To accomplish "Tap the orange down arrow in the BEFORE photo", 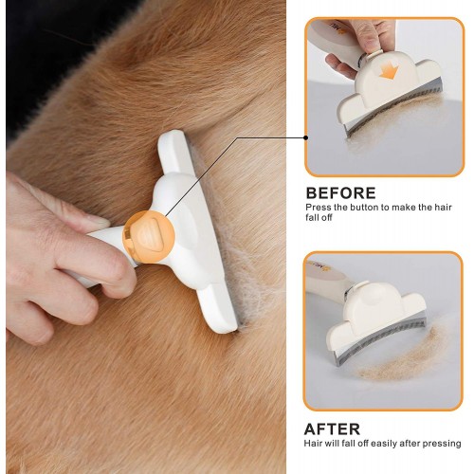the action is click(x=389, y=71).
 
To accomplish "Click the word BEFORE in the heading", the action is click(x=341, y=193).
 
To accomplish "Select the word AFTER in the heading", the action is click(x=332, y=429).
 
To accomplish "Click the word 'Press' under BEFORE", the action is click(x=318, y=208).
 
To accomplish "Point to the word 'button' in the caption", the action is click(x=363, y=208).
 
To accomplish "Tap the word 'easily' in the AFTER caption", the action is click(x=384, y=444).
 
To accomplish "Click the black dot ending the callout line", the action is click(x=305, y=137).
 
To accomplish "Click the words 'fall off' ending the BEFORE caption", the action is click(x=319, y=217).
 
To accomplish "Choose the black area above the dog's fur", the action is click(x=47, y=47).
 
